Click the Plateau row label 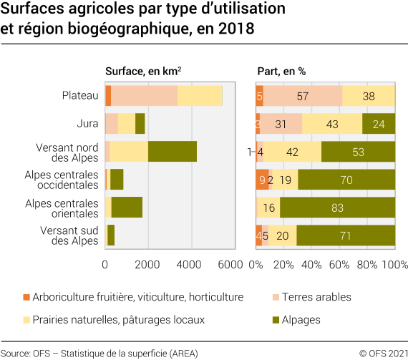[80, 95]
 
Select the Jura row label [87, 123]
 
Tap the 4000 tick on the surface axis [190, 264]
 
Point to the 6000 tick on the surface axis [231, 264]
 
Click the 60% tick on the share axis [339, 264]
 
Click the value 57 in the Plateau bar [303, 96]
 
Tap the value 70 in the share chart [346, 180]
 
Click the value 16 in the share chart [270, 208]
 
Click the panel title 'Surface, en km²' [142, 71]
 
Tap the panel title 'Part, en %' [281, 71]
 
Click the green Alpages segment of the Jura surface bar [140, 124]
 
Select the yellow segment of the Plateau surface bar [200, 96]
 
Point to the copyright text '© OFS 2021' [383, 353]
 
